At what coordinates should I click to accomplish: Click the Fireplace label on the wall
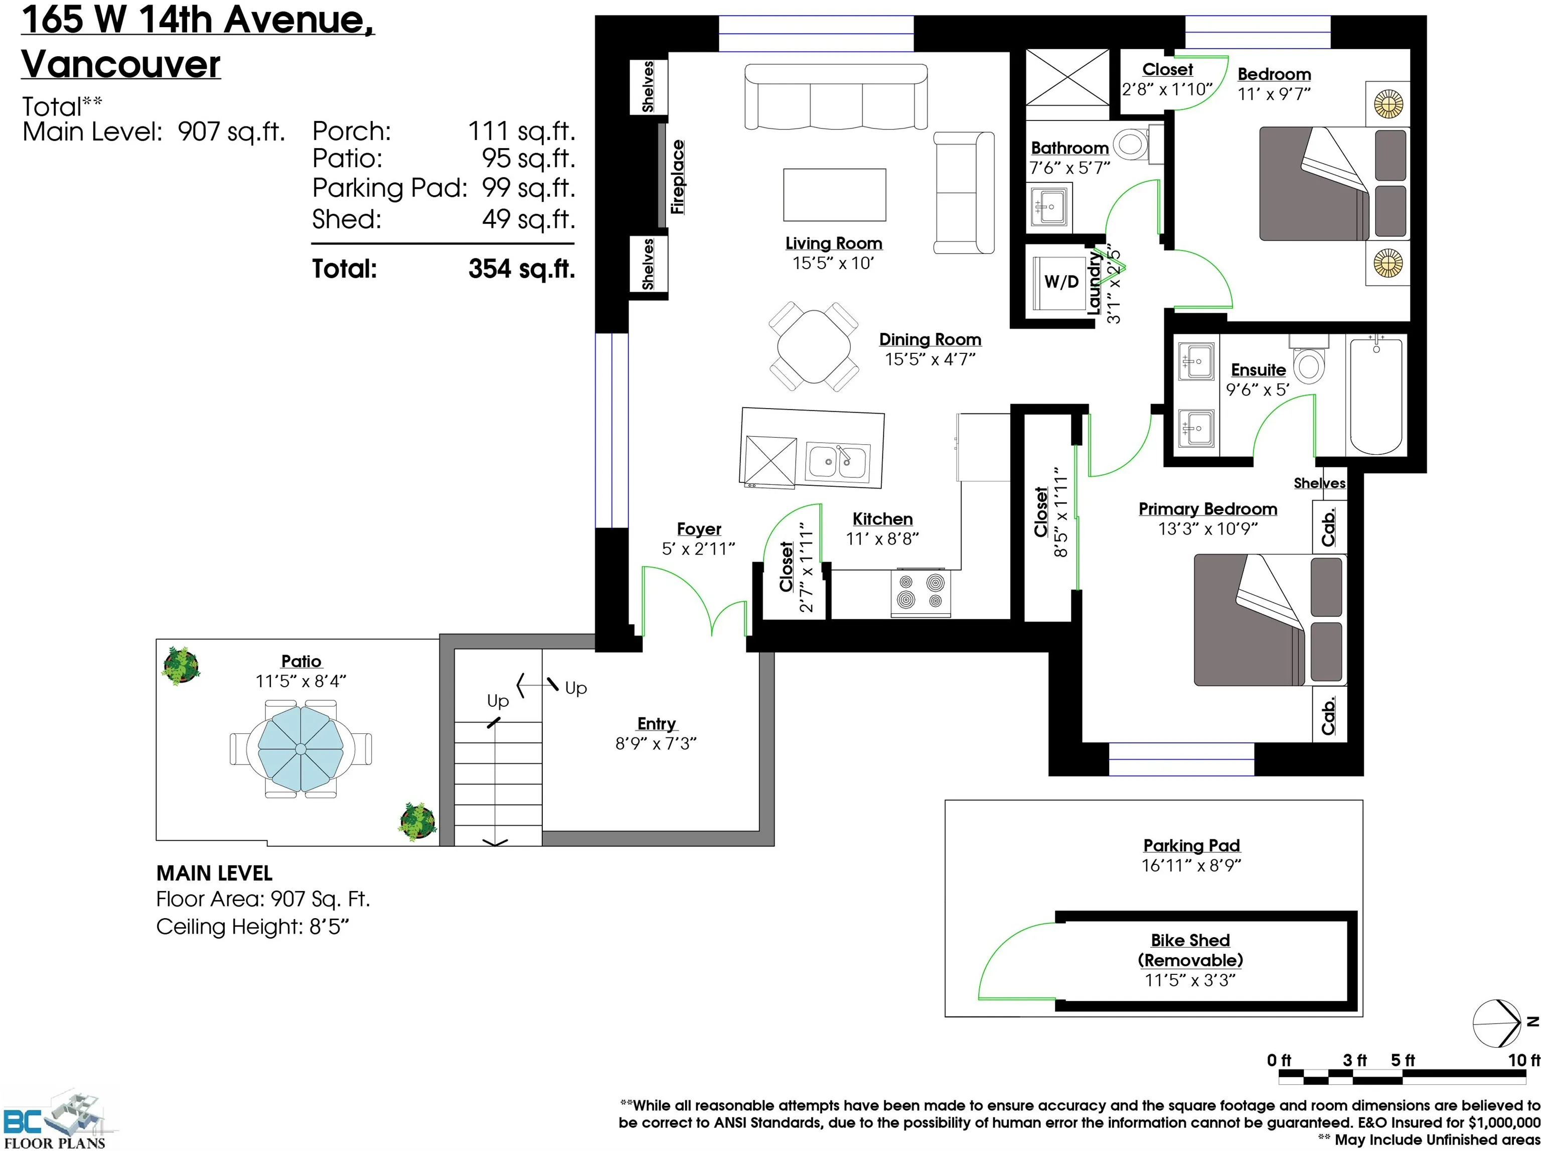(677, 177)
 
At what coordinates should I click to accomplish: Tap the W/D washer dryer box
(1060, 282)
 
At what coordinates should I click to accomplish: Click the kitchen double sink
(838, 462)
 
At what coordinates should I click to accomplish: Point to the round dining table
(813, 346)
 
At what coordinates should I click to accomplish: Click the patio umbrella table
(301, 749)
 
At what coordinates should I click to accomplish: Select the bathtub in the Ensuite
(1375, 395)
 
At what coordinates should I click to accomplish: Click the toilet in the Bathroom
(1132, 145)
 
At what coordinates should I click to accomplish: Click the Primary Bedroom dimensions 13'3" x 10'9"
(1207, 529)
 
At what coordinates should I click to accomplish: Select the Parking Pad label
(1191, 845)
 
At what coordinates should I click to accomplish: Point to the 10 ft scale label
(1523, 1060)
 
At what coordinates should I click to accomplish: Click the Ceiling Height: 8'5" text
(252, 927)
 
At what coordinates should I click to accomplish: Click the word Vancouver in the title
(121, 64)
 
